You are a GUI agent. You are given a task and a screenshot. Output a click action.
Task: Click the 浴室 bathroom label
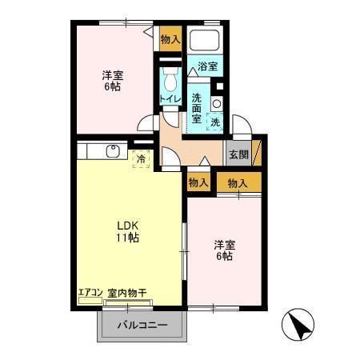[x=207, y=67]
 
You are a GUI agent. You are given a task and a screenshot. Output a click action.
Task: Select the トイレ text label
[x=169, y=98]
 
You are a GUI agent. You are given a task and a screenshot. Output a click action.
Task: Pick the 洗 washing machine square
[x=215, y=122]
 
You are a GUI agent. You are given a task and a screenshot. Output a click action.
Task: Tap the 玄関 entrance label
[x=238, y=155]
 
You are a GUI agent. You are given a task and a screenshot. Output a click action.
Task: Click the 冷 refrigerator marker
[x=141, y=159]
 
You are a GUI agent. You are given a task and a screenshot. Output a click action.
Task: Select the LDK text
[x=128, y=224]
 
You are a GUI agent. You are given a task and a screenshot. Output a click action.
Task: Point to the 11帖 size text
[x=128, y=238]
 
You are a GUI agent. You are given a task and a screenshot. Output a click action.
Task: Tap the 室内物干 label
[x=128, y=293]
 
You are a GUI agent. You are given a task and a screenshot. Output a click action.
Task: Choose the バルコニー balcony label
[x=143, y=326]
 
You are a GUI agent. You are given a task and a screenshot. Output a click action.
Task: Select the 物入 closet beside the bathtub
[x=170, y=38]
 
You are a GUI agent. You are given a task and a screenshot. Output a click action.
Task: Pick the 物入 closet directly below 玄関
[x=238, y=183]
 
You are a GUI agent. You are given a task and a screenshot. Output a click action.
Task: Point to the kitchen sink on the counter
[x=112, y=151]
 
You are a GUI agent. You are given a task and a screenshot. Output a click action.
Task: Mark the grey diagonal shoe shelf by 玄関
[x=256, y=152]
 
